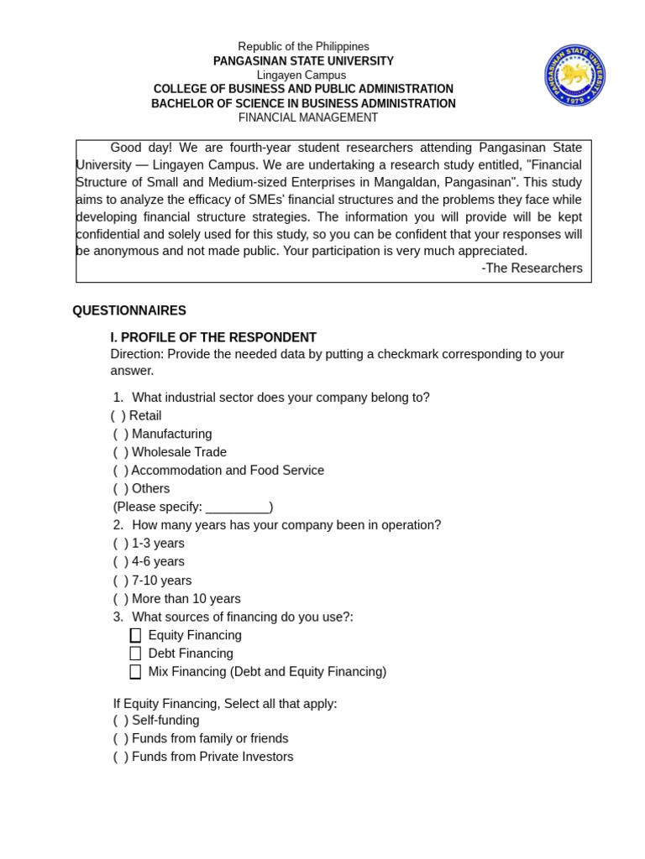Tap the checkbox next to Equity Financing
coord(135,636)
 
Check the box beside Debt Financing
coord(135,653)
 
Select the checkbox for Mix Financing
coord(135,672)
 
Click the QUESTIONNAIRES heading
coord(129,310)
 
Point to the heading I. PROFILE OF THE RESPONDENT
coord(213,337)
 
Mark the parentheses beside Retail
coord(118,416)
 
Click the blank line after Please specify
coord(237,508)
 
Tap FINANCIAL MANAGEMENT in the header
coord(308,118)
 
